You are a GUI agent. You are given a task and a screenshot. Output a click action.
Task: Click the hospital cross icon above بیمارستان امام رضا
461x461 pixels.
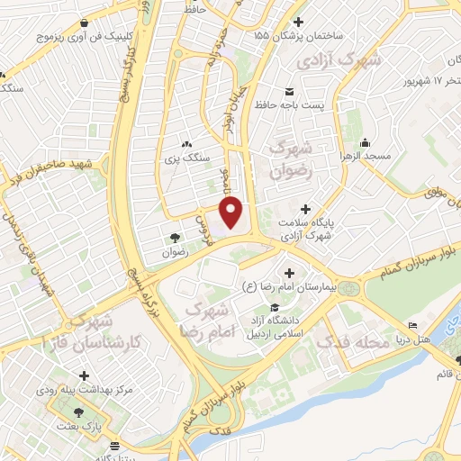288,273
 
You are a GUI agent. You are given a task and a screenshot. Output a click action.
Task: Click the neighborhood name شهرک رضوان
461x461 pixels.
290,158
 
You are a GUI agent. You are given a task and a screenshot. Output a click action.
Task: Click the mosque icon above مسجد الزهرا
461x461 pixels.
365,142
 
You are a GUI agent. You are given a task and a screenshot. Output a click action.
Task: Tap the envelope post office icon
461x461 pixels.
289,92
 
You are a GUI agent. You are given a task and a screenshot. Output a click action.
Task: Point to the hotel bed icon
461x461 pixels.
413,324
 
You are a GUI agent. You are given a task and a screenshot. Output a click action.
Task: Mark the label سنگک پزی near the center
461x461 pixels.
185,159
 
